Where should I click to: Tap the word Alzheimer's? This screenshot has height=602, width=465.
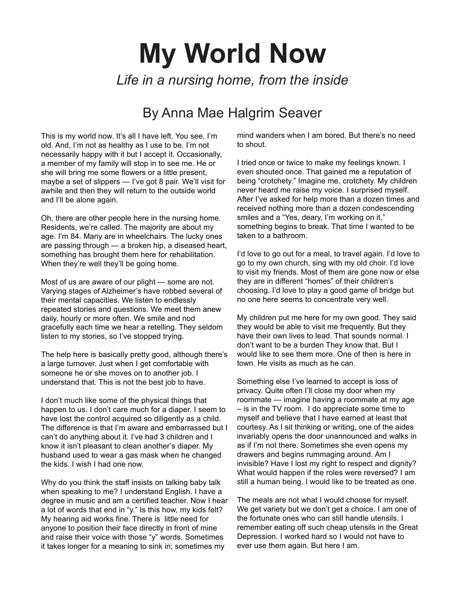click(x=119, y=291)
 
